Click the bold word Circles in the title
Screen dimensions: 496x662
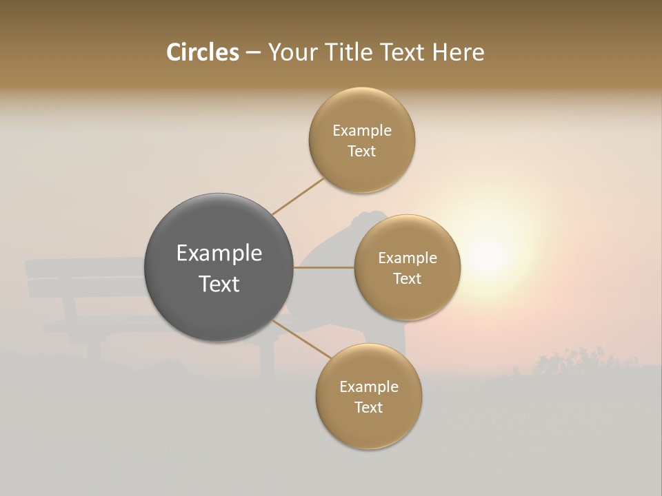coord(202,52)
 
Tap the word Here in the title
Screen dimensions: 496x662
coord(458,52)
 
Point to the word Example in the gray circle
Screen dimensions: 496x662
coord(219,254)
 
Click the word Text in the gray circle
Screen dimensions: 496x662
coord(219,284)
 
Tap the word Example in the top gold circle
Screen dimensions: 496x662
coord(362,131)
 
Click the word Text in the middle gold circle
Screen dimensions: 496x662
coord(407,279)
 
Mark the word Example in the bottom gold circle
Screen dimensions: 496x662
coord(368,387)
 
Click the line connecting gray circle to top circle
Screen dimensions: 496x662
coord(298,196)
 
